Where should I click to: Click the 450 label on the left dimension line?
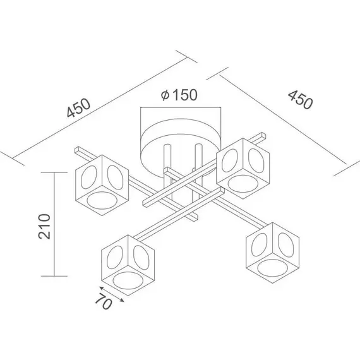point(79,108)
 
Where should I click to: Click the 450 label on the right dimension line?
point(300,100)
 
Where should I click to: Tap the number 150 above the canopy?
point(185,94)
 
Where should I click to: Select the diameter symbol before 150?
point(165,95)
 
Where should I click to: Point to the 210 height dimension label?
point(44,227)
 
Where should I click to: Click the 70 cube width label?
point(104,301)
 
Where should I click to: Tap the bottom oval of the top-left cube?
point(102,200)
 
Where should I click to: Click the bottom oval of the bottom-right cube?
point(272,268)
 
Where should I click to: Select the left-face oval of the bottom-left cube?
point(115,258)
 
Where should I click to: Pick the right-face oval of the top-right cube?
point(257,160)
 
